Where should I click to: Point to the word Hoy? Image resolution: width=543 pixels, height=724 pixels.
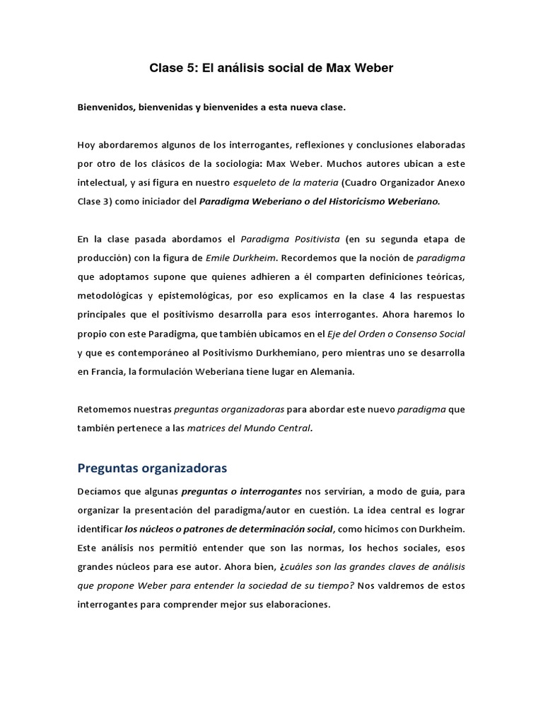pyautogui.click(x=86, y=145)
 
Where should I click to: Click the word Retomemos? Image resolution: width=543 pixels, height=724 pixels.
pyautogui.click(x=104, y=409)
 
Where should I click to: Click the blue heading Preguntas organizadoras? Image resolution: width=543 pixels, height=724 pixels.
pyautogui.click(x=152, y=468)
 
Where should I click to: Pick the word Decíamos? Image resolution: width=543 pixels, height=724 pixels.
pyautogui.click(x=100, y=491)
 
